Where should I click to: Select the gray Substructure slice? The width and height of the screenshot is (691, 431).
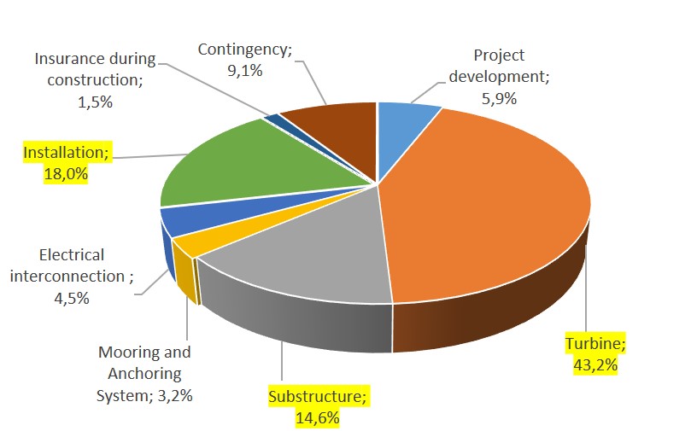click(299, 248)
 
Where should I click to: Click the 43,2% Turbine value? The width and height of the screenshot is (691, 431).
click(595, 364)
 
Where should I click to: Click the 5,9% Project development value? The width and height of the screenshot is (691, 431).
click(499, 97)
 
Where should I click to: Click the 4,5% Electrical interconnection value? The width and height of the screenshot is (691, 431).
click(71, 298)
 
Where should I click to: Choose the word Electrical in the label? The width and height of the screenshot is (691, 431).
click(72, 255)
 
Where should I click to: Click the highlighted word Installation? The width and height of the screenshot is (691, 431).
click(64, 154)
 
